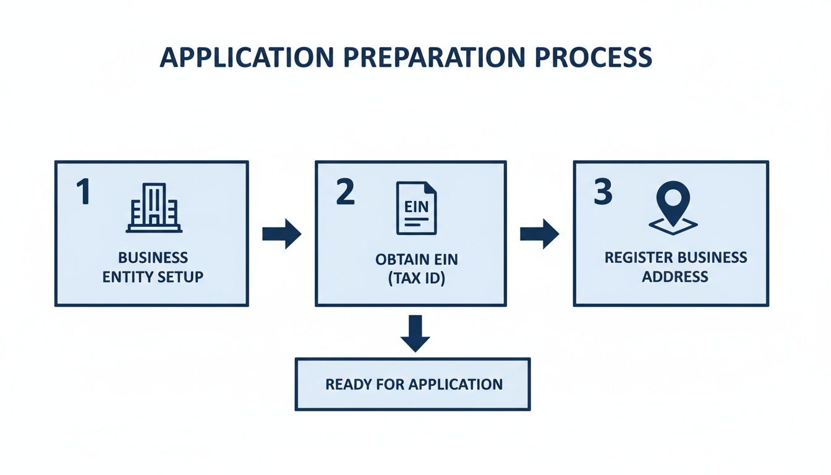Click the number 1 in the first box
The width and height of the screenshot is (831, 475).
point(83,193)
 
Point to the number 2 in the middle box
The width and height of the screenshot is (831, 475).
point(345,192)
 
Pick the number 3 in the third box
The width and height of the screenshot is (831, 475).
point(603,192)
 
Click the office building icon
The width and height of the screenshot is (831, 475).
point(154,208)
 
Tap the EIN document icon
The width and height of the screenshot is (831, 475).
point(416,208)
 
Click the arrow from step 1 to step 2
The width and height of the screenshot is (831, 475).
point(281,234)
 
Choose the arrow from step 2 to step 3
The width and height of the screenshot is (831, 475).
point(539,234)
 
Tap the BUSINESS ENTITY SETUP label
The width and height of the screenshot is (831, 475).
point(153,267)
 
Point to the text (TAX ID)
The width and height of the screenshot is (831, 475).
point(416,279)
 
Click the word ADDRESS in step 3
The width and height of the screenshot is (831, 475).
point(675,276)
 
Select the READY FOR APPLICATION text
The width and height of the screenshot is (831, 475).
point(414,384)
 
